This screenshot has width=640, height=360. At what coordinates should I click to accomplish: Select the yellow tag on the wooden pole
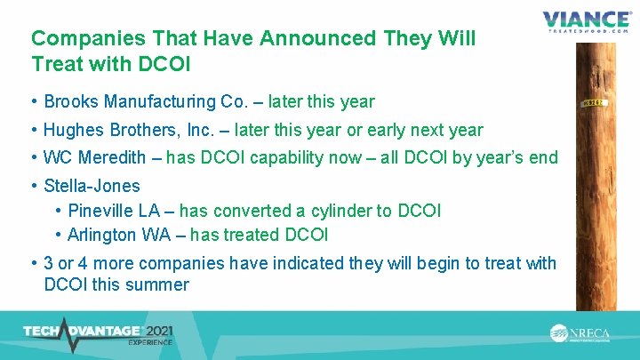pyautogui.click(x=595, y=103)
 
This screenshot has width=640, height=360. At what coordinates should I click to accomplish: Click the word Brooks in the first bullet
pyautogui.click(x=68, y=102)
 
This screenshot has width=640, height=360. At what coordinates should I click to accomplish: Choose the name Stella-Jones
pyautogui.click(x=92, y=187)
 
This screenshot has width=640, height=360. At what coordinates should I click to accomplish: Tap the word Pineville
pyautogui.click(x=100, y=212)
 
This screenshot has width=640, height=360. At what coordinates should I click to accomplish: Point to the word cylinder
pyautogui.click(x=345, y=212)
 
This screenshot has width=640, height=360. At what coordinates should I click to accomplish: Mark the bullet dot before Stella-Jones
pyautogui.click(x=34, y=187)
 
